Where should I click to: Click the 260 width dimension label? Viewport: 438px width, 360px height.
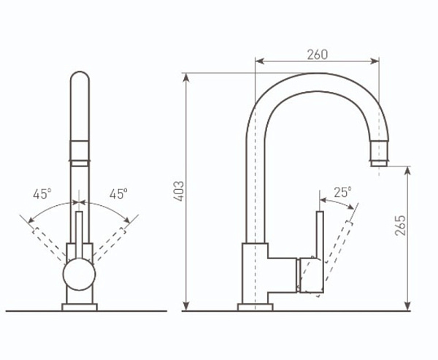[x=318, y=55]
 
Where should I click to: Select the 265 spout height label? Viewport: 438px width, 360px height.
[x=400, y=226]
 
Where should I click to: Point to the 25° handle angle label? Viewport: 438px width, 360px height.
[x=343, y=192]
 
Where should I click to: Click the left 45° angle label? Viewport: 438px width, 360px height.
[x=42, y=194]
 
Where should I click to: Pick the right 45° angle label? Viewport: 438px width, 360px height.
[x=118, y=194]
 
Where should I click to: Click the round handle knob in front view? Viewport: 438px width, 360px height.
[x=80, y=274]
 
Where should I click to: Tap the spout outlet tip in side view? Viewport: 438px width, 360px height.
[x=379, y=164]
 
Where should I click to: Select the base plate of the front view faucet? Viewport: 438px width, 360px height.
[x=80, y=307]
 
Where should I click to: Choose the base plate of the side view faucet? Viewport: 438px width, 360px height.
[x=255, y=307]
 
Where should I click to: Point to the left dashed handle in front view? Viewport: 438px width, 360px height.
[x=50, y=244]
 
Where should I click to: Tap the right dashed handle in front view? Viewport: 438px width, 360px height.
[x=109, y=244]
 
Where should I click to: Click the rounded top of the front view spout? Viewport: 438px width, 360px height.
[x=80, y=77]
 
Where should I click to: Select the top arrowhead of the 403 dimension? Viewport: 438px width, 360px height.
[x=186, y=77]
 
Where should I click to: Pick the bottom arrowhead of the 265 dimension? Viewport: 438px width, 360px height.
[x=408, y=306]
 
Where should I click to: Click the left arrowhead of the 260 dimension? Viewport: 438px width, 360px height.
[x=259, y=61]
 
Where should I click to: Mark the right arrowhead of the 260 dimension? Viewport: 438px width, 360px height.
[x=374, y=61]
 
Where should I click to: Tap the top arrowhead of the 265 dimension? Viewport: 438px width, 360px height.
[x=408, y=171]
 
